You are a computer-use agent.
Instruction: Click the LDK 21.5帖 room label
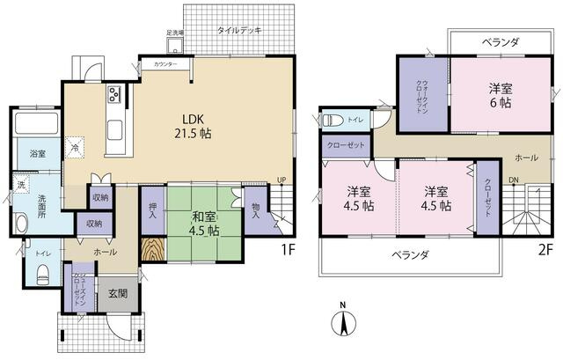coord(197,127)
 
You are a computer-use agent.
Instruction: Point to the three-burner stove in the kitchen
coord(114,95)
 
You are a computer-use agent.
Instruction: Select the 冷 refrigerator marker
coord(77,148)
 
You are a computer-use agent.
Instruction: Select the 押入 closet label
coord(151,209)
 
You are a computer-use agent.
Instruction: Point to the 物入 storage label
coord(255,209)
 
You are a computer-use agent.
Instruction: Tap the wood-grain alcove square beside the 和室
coord(153,251)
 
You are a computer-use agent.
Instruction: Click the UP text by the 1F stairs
coord(281,181)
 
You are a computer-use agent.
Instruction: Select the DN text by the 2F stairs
coord(513,183)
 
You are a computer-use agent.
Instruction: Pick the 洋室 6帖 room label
coord(500,96)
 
